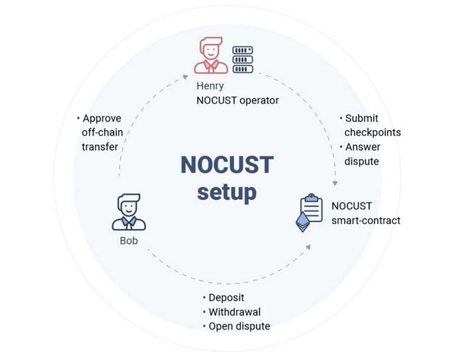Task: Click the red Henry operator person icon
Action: (211, 55)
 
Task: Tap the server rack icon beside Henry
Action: (242, 60)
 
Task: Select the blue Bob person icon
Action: (129, 212)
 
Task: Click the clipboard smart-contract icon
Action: (309, 213)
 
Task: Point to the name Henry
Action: (210, 86)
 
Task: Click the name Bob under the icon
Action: (129, 240)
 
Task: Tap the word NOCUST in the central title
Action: (227, 165)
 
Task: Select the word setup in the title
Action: (227, 193)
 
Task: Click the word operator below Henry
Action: (259, 100)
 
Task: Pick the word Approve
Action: (102, 118)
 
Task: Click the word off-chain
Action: (102, 132)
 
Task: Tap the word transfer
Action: (100, 147)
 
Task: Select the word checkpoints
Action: (373, 132)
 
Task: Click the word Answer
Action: (363, 147)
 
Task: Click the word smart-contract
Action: (366, 221)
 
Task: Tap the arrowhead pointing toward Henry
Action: (185, 77)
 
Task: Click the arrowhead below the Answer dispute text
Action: (335, 183)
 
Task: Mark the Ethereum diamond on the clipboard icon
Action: (303, 222)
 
